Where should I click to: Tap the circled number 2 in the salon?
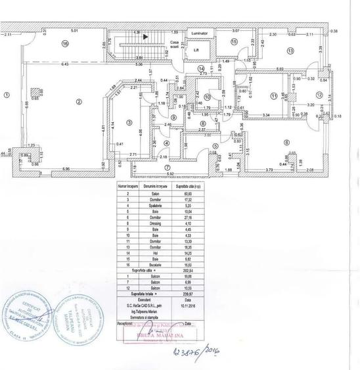coord(78,101)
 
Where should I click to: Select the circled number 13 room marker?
coord(288,51)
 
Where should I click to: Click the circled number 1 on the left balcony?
coord(7,95)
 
